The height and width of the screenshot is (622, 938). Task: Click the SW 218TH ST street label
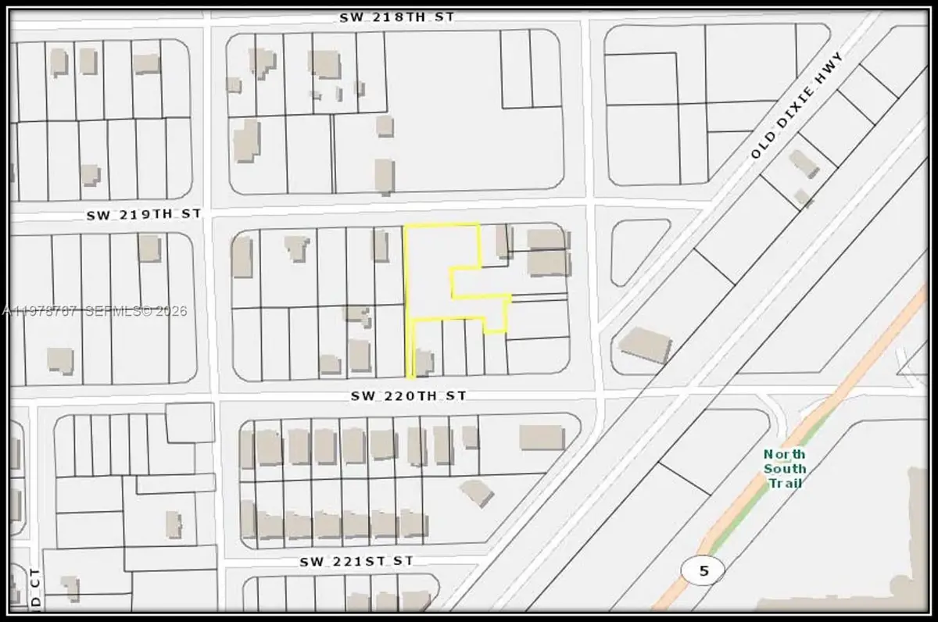click(396, 16)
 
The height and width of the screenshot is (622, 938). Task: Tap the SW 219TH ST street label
click(144, 213)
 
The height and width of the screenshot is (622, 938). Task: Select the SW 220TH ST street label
click(408, 396)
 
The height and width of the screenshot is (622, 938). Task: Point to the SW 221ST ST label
click(356, 561)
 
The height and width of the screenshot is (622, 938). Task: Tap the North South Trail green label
click(785, 468)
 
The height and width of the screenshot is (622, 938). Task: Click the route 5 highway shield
click(703, 570)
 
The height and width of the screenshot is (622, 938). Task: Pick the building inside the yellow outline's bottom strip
click(424, 362)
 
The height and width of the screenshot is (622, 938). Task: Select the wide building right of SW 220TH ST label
click(542, 437)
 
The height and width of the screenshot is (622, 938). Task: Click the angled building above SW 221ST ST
click(477, 492)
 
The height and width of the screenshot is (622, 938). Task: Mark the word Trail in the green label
click(785, 483)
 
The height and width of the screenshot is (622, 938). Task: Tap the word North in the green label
click(785, 454)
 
